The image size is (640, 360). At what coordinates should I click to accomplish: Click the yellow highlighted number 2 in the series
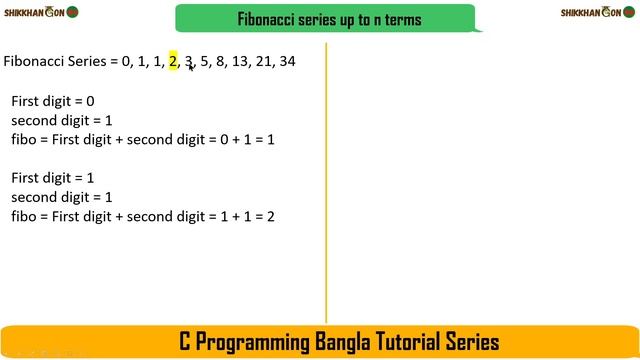coord(173,62)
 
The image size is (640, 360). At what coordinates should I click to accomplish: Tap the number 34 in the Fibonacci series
coord(287,62)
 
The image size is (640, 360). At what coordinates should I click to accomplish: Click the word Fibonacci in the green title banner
coord(270,19)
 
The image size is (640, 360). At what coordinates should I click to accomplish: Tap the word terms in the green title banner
coord(398,19)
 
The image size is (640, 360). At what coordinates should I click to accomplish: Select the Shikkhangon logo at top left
coord(39,12)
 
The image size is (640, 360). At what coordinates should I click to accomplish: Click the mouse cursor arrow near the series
coord(191,67)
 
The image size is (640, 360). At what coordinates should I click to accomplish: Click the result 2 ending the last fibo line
coord(270,216)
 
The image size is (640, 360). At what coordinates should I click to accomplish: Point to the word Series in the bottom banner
coord(475,342)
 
